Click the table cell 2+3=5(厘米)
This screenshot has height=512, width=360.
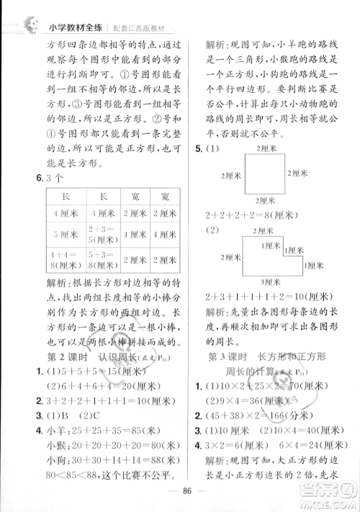(103, 234)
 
